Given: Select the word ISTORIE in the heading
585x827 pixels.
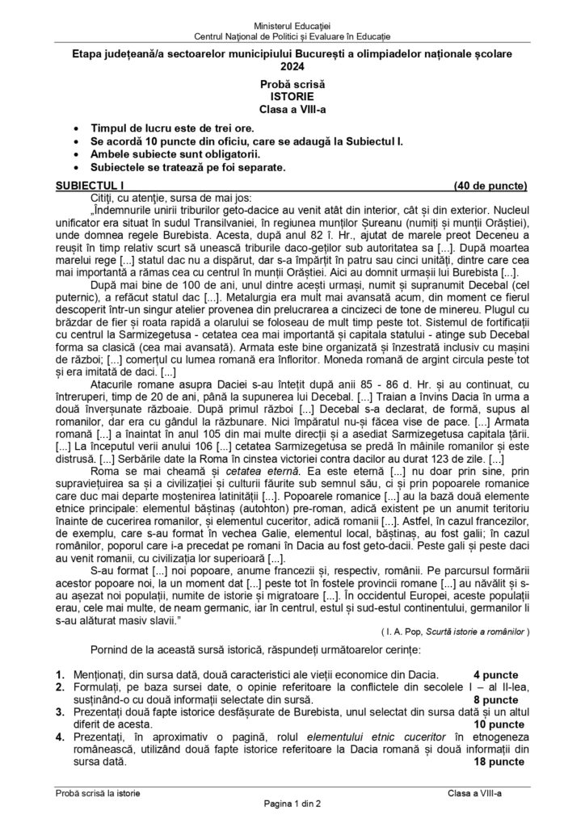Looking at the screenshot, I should [292, 94].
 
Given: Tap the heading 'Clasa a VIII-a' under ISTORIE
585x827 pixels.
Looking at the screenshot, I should [292, 107].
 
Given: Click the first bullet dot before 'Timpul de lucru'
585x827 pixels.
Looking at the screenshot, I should [76, 128].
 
